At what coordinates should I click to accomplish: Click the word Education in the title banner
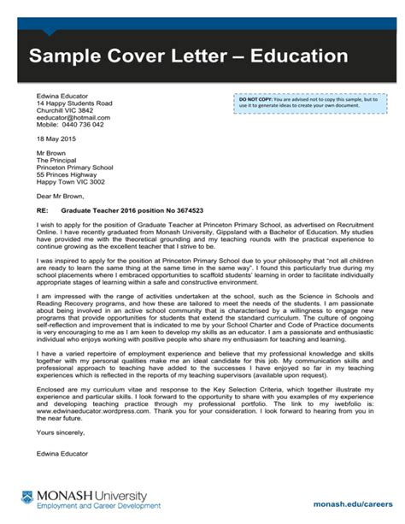292,57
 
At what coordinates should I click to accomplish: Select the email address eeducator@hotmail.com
73,117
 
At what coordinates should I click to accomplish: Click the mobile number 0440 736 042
83,125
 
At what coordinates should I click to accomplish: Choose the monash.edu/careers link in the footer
353,503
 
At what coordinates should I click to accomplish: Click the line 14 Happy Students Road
74,103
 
